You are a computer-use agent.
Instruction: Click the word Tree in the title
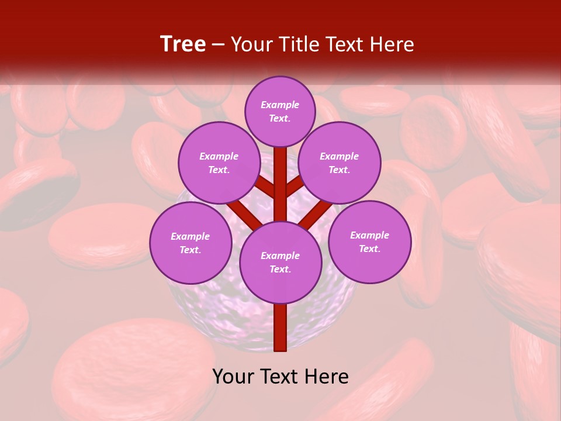[183, 44]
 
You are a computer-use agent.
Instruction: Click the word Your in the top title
[252, 44]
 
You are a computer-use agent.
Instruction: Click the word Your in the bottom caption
[233, 377]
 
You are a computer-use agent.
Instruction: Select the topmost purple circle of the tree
[280, 111]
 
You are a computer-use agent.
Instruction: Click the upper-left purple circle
[219, 163]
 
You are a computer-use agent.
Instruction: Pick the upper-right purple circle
[340, 163]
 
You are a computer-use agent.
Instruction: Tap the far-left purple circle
[191, 243]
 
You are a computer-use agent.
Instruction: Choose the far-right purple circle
[369, 241]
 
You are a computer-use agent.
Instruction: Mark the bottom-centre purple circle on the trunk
[280, 262]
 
